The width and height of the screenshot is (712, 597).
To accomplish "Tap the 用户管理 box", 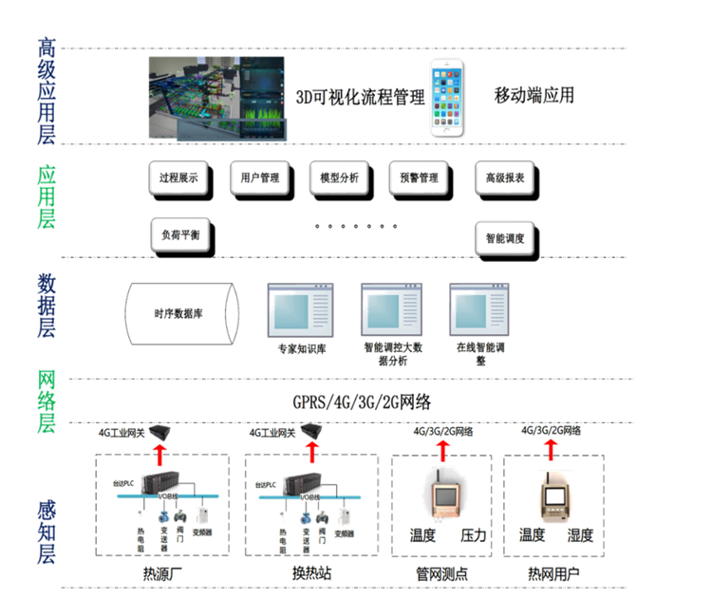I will click(x=259, y=177).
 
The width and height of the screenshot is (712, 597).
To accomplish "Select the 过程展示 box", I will click(x=178, y=177).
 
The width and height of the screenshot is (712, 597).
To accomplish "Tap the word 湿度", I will click(x=579, y=535).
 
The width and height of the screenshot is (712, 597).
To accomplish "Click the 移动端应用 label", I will click(x=534, y=96).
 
